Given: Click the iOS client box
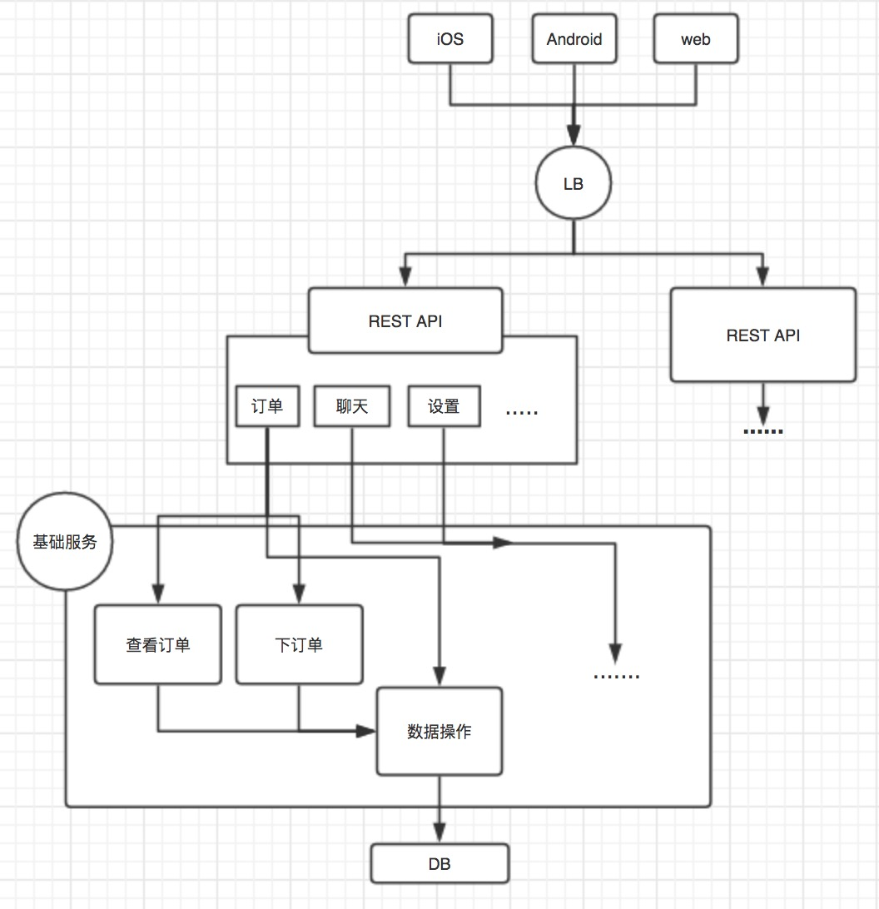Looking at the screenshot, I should (449, 39).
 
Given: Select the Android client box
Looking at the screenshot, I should (574, 39).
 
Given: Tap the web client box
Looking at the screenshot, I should (695, 39).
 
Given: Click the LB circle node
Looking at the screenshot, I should (574, 184).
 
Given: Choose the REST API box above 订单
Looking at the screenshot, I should (405, 320).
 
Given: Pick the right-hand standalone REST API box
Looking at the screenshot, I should (762, 335).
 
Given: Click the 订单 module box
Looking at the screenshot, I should (267, 406).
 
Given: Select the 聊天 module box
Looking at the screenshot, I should (351, 406).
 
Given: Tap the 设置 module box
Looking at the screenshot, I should (444, 406).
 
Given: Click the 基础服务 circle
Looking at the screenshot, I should (65, 542).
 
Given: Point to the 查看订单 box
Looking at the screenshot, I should (158, 644).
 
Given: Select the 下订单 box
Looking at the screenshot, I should (299, 644).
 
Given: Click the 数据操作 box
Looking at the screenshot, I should (439, 731).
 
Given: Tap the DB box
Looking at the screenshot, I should (439, 864).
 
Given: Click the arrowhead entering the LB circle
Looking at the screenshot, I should (574, 135).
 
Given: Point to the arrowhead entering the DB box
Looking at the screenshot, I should (439, 834).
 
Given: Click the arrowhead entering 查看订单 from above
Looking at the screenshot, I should (158, 594).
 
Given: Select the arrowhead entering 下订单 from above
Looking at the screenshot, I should (299, 594).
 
